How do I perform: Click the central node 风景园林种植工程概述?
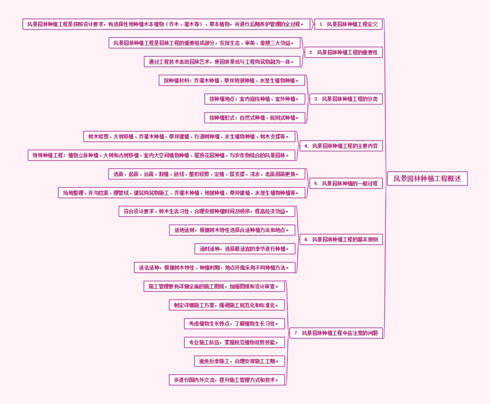click(427, 179)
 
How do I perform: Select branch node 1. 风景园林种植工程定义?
click(348, 24)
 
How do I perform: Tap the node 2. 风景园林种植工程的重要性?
click(343, 52)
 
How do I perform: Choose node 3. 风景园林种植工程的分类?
click(346, 99)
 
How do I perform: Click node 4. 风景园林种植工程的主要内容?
click(341, 146)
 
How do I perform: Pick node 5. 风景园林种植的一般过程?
click(346, 183)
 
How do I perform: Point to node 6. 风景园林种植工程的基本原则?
click(341, 239)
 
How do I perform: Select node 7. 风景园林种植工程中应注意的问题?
click(336, 333)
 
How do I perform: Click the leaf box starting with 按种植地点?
click(255, 99)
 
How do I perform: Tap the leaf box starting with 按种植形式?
click(255, 118)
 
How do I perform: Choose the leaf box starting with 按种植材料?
click(232, 80)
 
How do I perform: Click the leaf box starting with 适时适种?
click(245, 249)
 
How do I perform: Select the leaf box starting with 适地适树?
click(232, 230)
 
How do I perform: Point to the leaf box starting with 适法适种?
click(215, 268)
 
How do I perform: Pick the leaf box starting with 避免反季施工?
click(240, 361)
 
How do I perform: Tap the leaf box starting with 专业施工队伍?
click(234, 342)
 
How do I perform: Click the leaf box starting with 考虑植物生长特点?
click(234, 324)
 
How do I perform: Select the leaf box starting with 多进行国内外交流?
click(227, 380)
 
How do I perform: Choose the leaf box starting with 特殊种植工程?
click(161, 155)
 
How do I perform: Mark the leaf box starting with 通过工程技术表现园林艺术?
click(223, 62)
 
